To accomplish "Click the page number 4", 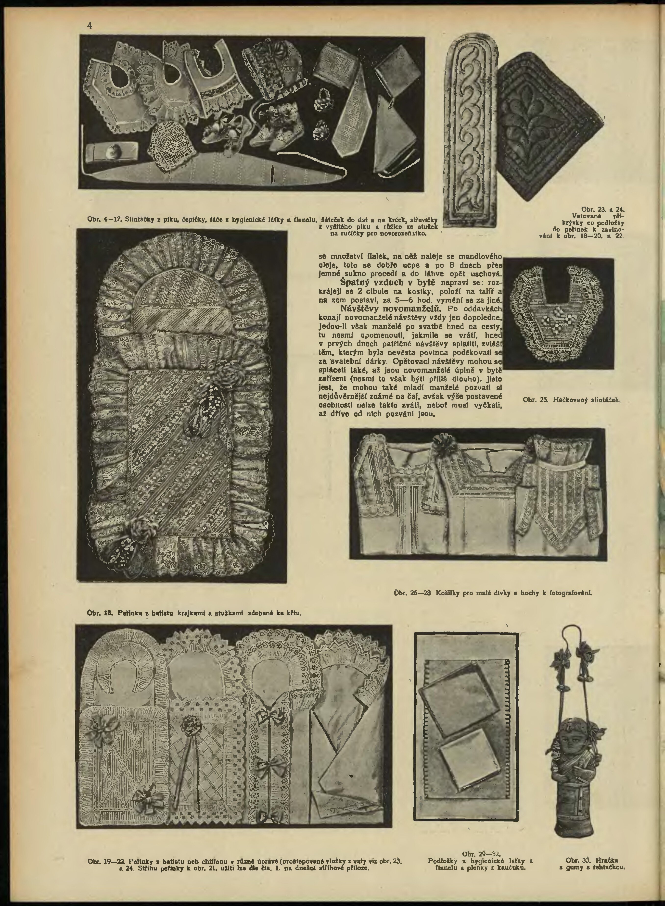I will [90, 25].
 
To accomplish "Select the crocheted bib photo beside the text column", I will [558, 313].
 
